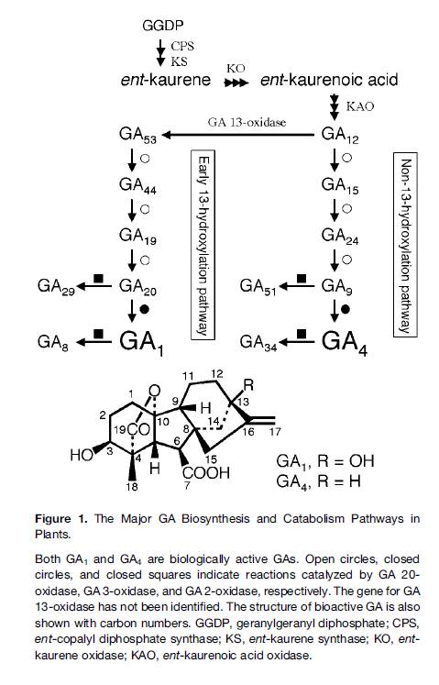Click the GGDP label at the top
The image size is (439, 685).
coord(162,26)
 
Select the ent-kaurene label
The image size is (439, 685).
coord(166,80)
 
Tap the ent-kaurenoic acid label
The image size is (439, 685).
coord(329,80)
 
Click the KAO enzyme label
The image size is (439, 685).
coord(360,106)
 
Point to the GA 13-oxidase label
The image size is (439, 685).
coord(247,122)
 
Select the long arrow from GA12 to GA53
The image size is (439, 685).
coord(237,135)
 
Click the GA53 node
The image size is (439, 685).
coord(137,135)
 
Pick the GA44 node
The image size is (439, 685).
coord(137,185)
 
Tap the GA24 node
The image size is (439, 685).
coord(340,236)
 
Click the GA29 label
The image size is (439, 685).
coord(56,287)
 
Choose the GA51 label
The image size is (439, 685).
coord(258,287)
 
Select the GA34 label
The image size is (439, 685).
coord(258,342)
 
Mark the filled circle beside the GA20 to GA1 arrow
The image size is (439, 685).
coord(145,309)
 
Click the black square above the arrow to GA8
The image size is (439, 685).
coord(99,334)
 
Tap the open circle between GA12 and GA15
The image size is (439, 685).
coord(346,158)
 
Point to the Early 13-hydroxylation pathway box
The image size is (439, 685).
coord(203,245)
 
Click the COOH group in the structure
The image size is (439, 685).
coord(206,472)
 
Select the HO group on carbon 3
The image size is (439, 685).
coord(82,455)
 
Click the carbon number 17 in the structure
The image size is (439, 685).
coord(275,433)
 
